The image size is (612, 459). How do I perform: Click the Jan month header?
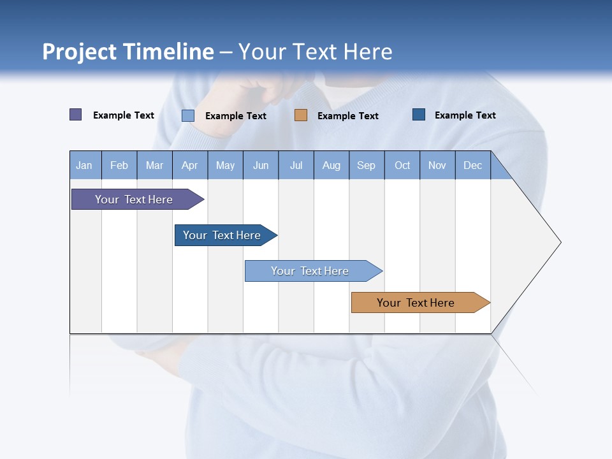tap(85, 165)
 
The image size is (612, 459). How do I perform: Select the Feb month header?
tap(119, 165)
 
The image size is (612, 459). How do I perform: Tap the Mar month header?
tap(154, 165)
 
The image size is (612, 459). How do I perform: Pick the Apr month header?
tap(190, 165)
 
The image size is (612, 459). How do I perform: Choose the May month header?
tap(225, 165)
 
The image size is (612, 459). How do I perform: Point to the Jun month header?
tap(261, 165)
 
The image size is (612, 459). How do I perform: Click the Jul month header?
tap(296, 165)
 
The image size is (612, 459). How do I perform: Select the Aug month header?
tap(331, 165)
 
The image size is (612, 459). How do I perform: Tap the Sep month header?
tap(367, 165)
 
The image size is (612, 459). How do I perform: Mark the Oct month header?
tap(402, 165)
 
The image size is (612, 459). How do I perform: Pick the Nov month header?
tap(437, 165)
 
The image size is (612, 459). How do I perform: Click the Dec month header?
tap(473, 165)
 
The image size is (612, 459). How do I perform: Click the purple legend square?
tap(76, 115)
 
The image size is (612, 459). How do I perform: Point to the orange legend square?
tap(301, 115)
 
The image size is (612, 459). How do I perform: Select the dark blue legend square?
tap(419, 115)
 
